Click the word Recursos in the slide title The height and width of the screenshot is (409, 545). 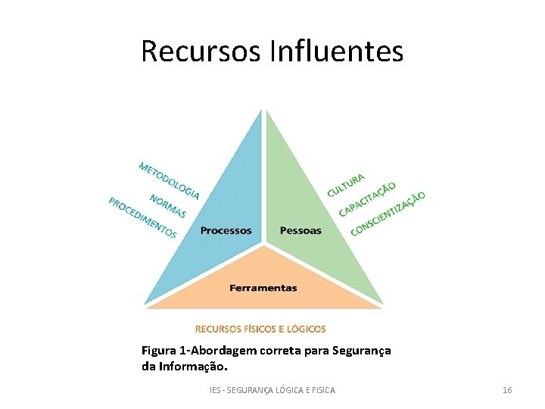(x=201, y=52)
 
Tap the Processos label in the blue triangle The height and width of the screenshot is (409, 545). (x=226, y=230)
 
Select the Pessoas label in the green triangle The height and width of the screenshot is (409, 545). (x=301, y=230)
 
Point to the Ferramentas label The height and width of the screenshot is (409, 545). (x=263, y=288)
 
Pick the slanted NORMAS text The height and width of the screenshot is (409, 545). (x=167, y=206)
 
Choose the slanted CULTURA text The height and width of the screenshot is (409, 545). (x=345, y=185)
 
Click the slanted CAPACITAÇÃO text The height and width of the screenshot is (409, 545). (x=366, y=198)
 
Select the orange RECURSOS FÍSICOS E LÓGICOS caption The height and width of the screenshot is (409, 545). (x=260, y=329)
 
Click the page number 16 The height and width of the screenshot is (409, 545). (x=507, y=390)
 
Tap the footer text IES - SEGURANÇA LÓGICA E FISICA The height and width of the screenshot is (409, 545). (x=272, y=390)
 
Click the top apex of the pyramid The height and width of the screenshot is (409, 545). (x=263, y=111)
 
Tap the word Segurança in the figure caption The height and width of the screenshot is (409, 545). (x=359, y=351)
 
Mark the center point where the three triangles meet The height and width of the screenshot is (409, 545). (x=263, y=244)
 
